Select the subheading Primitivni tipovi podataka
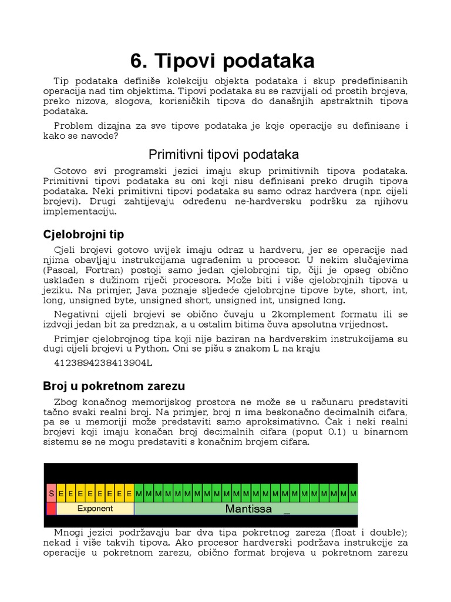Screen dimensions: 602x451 tap(224, 154)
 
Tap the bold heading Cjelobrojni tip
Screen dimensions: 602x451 tap(83, 235)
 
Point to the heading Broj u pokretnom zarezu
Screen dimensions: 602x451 tap(114, 386)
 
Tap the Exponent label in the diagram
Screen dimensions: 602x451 tap(95, 509)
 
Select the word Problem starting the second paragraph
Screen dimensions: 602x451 tap(72, 125)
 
